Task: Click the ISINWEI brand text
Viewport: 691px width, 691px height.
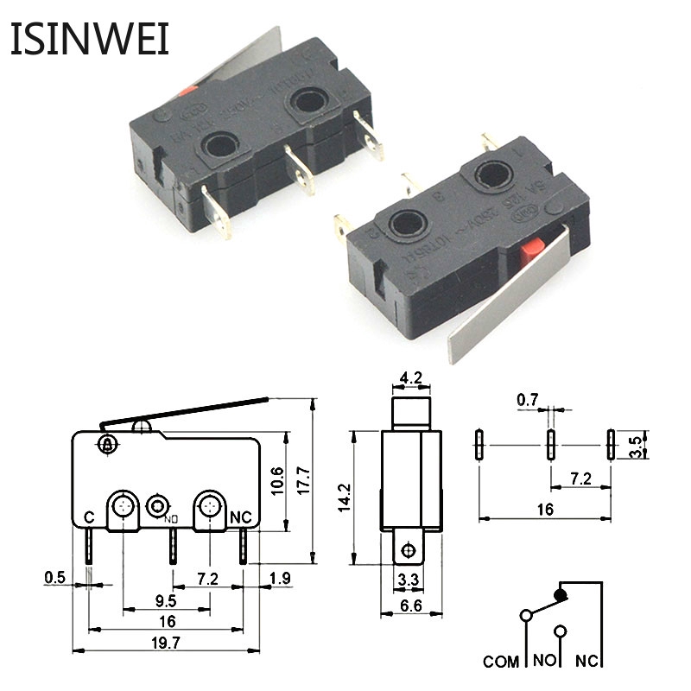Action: tap(90, 38)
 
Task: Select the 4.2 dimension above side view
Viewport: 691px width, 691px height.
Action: tap(410, 377)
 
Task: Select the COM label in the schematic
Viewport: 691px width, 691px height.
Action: tap(500, 662)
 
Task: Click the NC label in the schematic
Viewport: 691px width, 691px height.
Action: tap(586, 662)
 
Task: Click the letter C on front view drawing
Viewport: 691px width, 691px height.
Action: tap(89, 517)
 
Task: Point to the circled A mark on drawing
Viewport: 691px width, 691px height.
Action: tap(107, 445)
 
